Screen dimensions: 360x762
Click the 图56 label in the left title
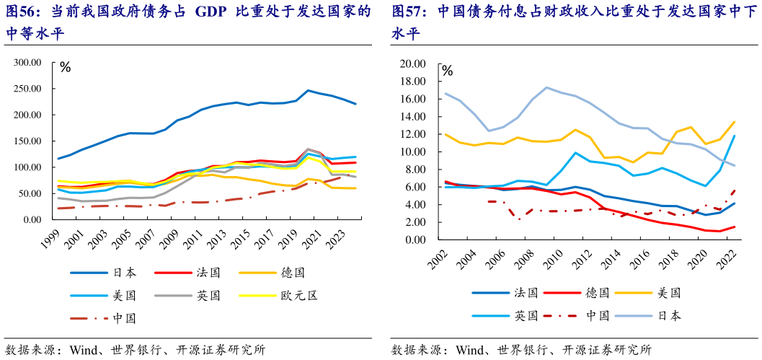pyautogui.click(x=25, y=12)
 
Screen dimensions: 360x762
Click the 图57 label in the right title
pyautogui.click(x=410, y=12)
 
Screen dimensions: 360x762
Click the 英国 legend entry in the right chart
pyautogui.click(x=526, y=315)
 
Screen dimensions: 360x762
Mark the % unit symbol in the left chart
pyautogui.click(x=66, y=69)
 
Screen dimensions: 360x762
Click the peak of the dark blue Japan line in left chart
pyautogui.click(x=308, y=91)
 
